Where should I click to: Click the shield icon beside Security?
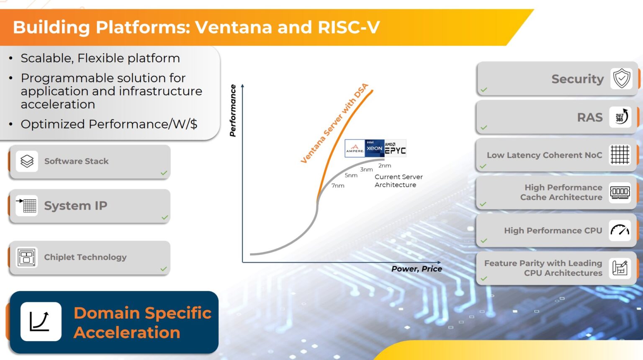[x=622, y=79]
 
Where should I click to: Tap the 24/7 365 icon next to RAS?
[x=620, y=117]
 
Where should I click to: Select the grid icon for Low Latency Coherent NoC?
[x=620, y=155]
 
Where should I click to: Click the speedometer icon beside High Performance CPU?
[x=620, y=230]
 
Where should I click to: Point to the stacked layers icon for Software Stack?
[x=27, y=161]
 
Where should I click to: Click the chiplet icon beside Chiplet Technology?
[x=26, y=257]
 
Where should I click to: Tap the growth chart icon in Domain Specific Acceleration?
[x=41, y=321]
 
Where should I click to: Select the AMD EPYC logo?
[x=395, y=149]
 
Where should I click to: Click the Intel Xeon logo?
[x=374, y=148]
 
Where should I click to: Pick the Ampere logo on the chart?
[x=355, y=149]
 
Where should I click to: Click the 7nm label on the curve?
[x=338, y=185]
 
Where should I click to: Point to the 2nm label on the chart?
[x=385, y=166]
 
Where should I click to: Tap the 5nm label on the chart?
[x=351, y=175]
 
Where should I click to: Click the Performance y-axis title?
[x=233, y=111]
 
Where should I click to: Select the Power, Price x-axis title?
[x=417, y=269]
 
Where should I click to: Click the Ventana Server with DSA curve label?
[x=334, y=123]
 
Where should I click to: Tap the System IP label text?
[x=76, y=206]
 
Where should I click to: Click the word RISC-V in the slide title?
[x=349, y=27]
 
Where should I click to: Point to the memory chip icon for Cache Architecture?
[x=620, y=192]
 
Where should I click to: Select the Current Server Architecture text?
[x=398, y=181]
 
